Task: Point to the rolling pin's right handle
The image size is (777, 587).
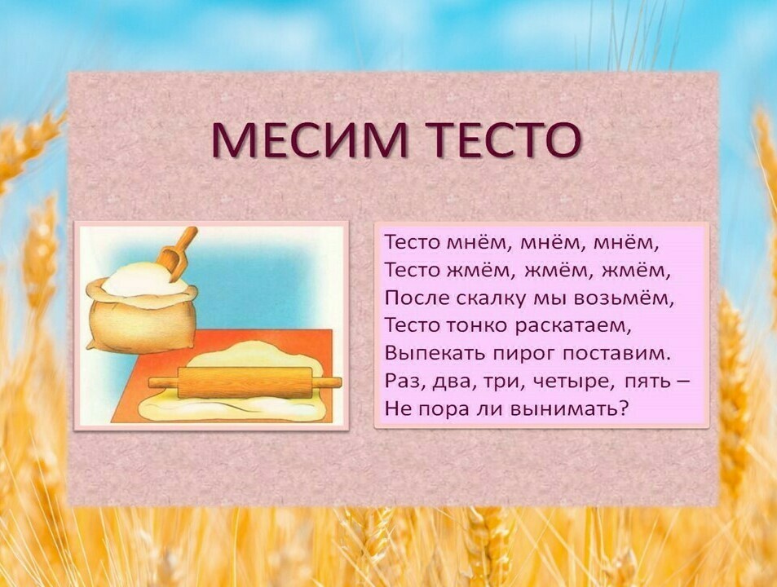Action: click(x=327, y=382)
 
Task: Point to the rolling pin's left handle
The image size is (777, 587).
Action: click(x=164, y=382)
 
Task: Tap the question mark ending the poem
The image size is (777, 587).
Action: click(x=624, y=409)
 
